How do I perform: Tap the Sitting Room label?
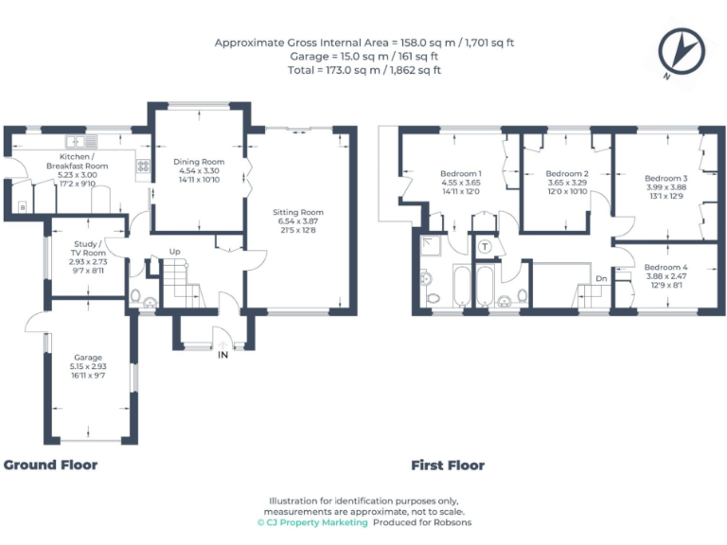coord(298,212)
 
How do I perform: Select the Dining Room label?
coord(199,162)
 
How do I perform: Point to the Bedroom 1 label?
coord(461,174)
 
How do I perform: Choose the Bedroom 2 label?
coord(567,174)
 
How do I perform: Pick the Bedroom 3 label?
coord(665,178)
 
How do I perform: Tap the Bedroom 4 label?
coord(665,268)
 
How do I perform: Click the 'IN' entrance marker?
coord(222,355)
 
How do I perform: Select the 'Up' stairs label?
coord(175,252)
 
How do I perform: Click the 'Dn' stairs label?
coord(601,278)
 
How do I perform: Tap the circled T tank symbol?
coord(485,247)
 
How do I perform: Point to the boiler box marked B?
coord(22,206)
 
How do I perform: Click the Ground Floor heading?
coord(50,465)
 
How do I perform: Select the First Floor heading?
coord(447,465)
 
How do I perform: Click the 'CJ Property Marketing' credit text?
coord(312,521)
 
